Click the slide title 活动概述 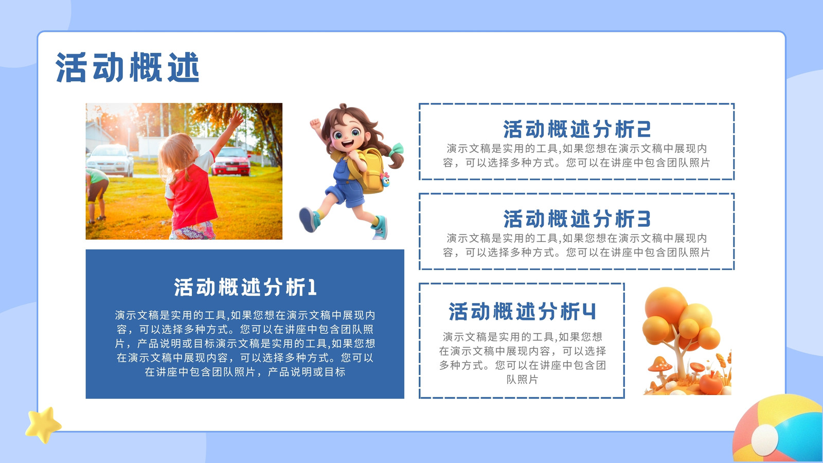127,67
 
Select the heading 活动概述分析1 245,287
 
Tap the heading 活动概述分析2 577,129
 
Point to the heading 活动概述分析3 577,219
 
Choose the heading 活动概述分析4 522,311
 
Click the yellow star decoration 43,424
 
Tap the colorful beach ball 778,429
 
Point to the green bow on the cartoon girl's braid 397,150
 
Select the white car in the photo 110,160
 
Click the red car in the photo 231,162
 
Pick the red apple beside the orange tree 710,383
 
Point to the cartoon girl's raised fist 315,124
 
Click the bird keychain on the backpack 385,180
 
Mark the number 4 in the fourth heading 589,312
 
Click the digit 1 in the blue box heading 312,288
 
